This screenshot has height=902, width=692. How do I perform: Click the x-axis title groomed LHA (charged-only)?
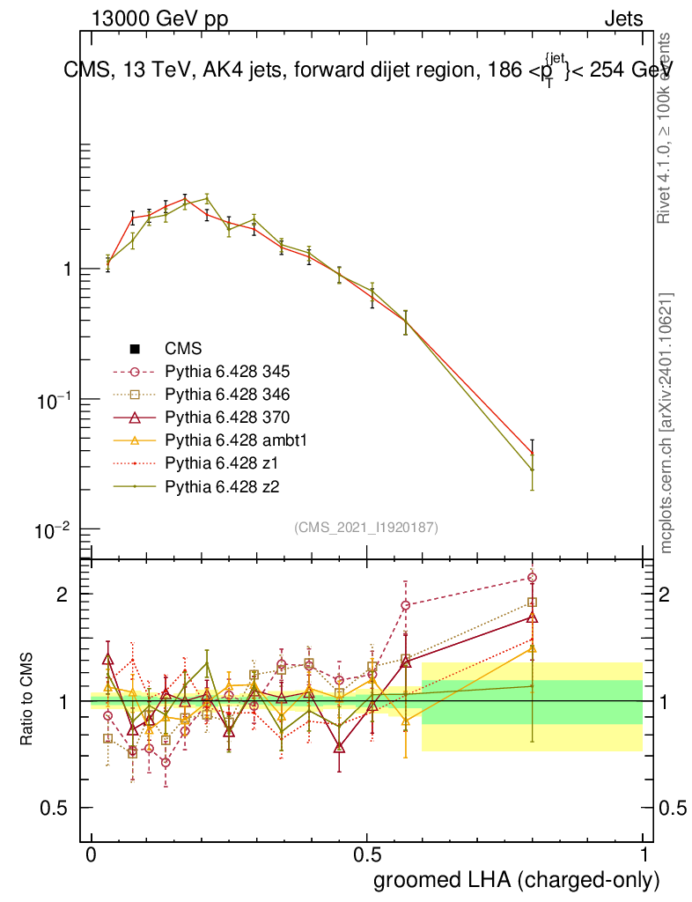pyautogui.click(x=518, y=879)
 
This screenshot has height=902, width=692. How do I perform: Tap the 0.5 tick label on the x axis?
pyautogui.click(x=367, y=855)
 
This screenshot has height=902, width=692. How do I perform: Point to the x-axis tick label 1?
pyautogui.click(x=644, y=855)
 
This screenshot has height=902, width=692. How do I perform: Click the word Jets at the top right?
pyautogui.click(x=623, y=19)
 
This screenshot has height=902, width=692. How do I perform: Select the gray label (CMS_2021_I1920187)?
pyautogui.click(x=366, y=527)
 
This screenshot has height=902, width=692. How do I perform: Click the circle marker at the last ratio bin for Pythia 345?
pyautogui.click(x=532, y=578)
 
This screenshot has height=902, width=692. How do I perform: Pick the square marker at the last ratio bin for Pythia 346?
pyautogui.click(x=532, y=603)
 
